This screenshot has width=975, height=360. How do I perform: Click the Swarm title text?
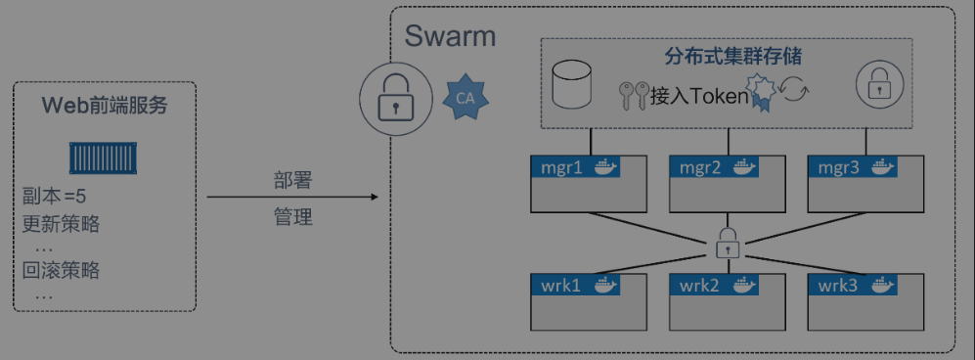(450, 37)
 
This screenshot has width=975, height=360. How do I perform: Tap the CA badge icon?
(465, 98)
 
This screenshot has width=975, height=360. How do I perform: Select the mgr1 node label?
(561, 167)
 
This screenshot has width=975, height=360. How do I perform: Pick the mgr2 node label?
(700, 167)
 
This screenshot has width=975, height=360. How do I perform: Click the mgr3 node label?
(839, 167)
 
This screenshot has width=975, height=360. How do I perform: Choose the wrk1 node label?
(561, 286)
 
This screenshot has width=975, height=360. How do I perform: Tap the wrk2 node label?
(700, 286)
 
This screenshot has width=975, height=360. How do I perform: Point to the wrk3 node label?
(839, 286)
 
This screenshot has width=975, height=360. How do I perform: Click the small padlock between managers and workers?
(726, 243)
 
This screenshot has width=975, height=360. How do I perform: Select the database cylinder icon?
(572, 86)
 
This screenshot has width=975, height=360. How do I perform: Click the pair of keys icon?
(633, 95)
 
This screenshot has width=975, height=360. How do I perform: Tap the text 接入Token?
(698, 96)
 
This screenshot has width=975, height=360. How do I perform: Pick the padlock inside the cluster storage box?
(877, 86)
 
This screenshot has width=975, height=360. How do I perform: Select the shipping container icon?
(106, 157)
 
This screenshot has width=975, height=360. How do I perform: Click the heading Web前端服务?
(105, 106)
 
